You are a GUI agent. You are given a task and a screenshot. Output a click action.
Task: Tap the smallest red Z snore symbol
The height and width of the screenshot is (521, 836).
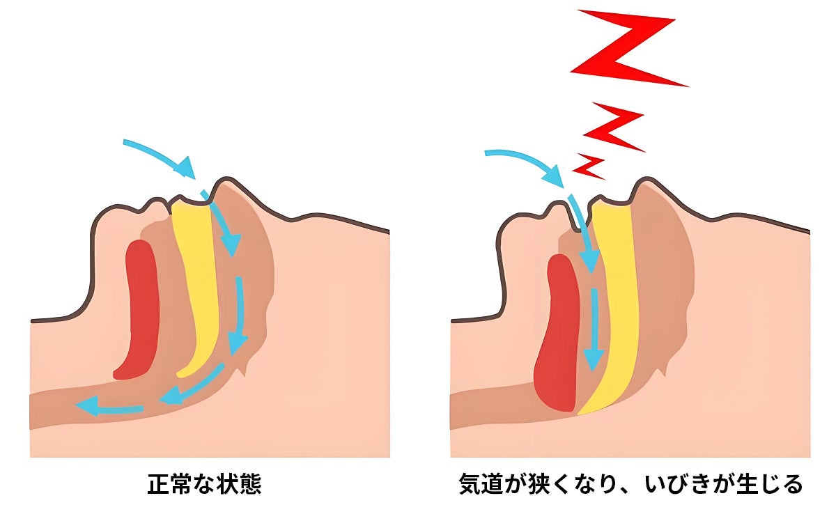[x=589, y=166]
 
